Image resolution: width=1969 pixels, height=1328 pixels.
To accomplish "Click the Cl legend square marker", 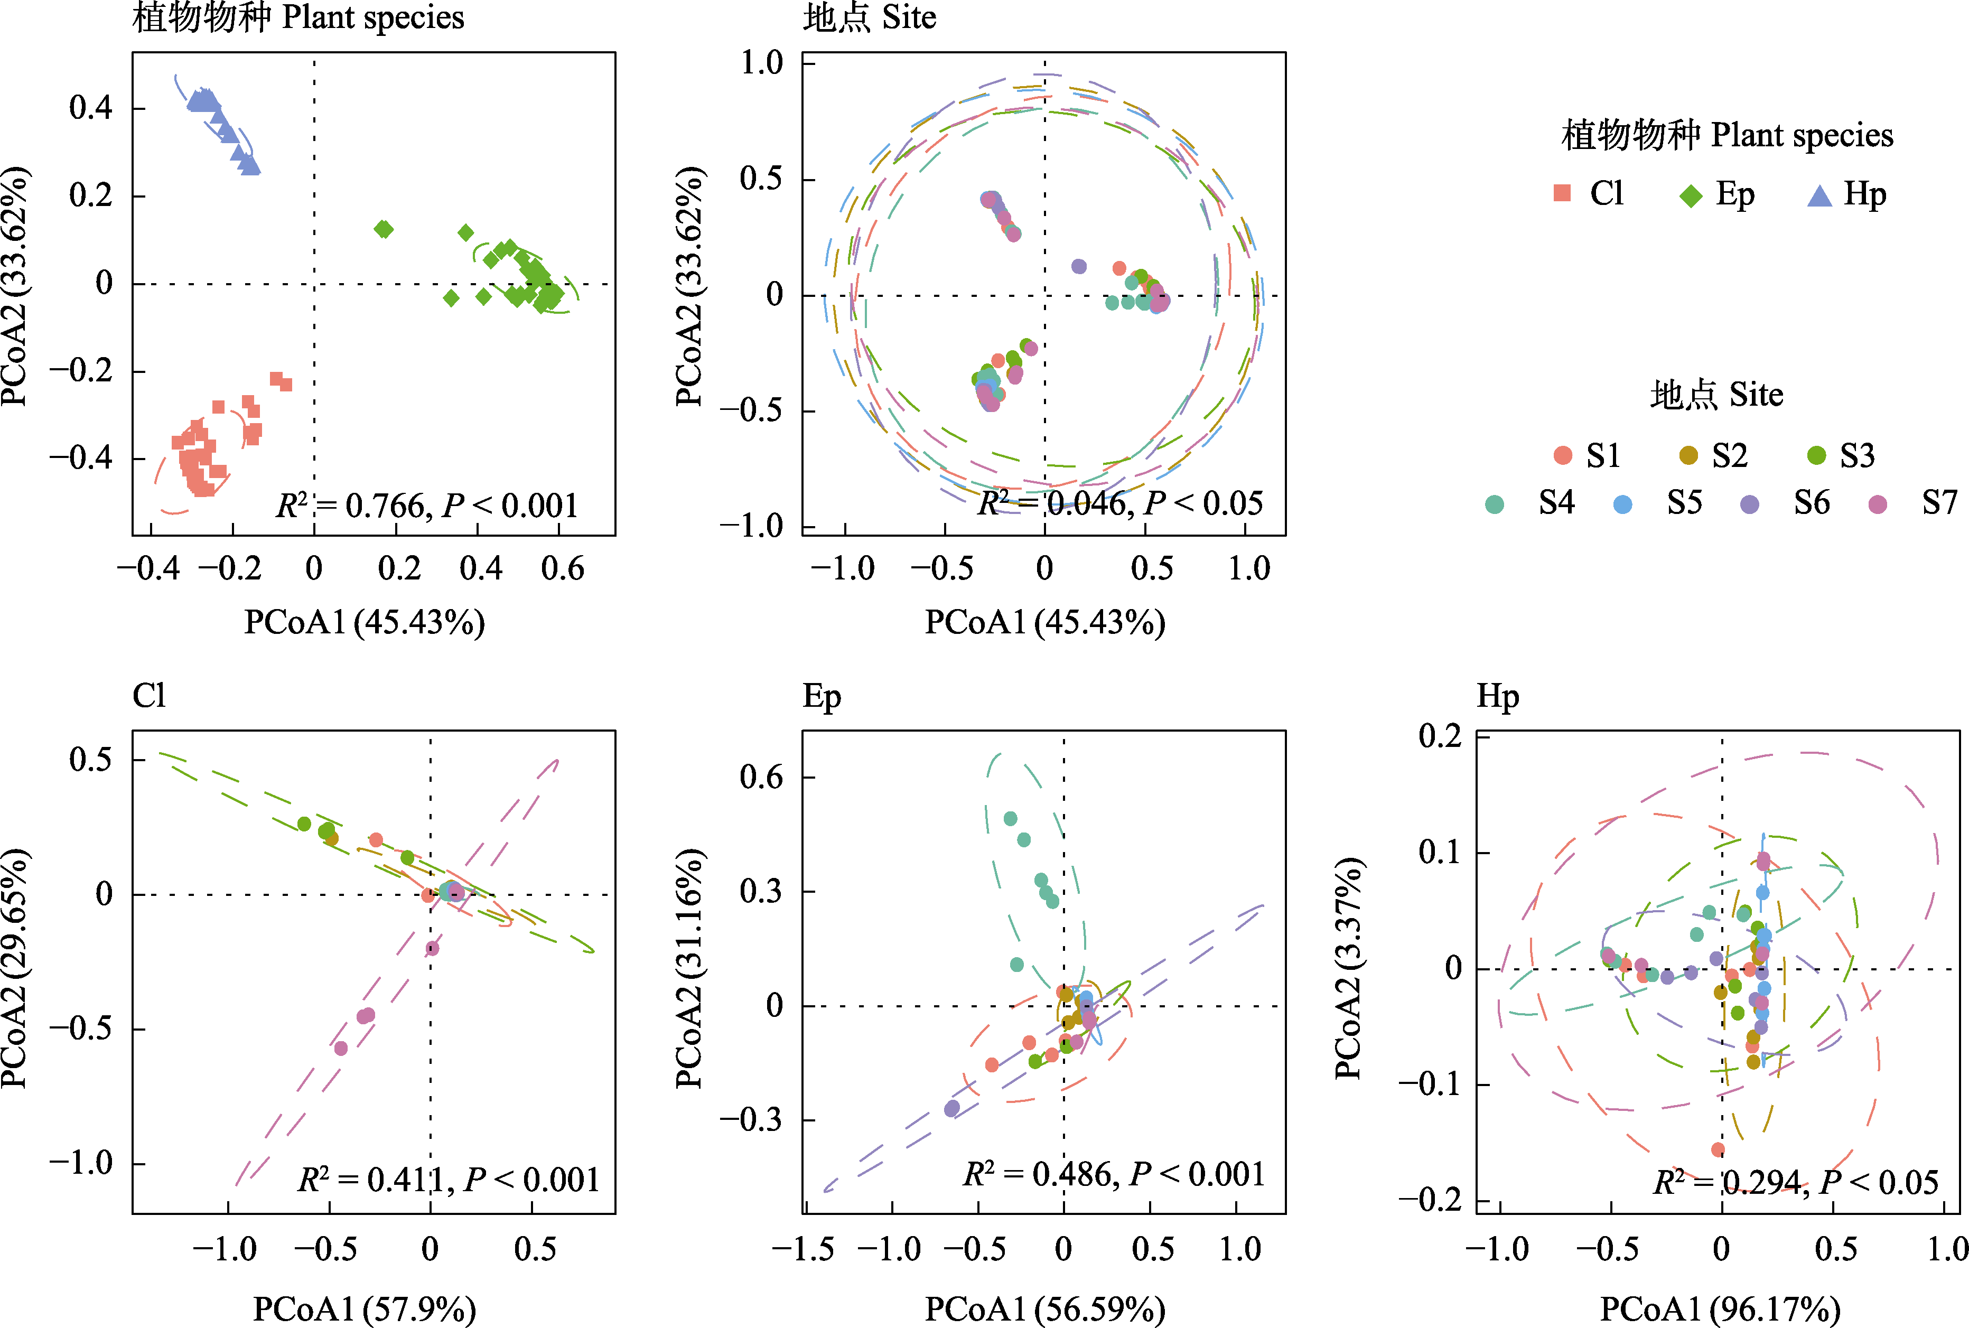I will (x=1563, y=194).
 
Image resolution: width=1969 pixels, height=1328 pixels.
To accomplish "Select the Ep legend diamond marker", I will (x=1691, y=195).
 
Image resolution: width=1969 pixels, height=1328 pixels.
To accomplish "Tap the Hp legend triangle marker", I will (x=1819, y=195).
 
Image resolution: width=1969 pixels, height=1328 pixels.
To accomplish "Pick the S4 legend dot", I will (x=1495, y=505).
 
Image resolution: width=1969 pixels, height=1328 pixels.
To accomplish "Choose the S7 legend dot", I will (x=1878, y=505).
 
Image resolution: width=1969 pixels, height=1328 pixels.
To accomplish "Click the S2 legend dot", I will (x=1688, y=456).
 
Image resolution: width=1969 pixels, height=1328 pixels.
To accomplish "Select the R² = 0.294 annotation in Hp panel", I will (x=1795, y=1182).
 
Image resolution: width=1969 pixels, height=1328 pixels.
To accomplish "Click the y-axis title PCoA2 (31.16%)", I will (x=688, y=968).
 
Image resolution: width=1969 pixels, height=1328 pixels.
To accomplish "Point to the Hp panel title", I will (x=1497, y=696).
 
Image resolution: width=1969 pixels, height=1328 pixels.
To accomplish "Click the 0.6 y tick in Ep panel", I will (x=761, y=777).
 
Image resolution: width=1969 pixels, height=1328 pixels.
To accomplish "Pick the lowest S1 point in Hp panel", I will (x=1718, y=1149).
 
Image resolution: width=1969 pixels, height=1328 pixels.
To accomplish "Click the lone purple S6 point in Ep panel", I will (x=952, y=1108).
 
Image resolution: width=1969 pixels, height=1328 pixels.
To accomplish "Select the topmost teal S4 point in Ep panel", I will (x=1010, y=818).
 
